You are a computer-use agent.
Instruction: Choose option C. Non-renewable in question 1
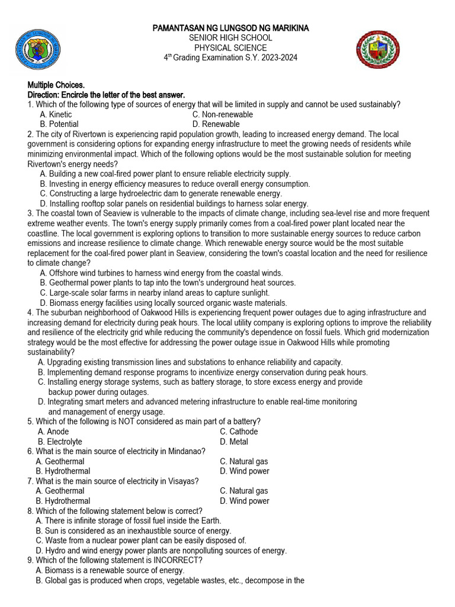point(223,114)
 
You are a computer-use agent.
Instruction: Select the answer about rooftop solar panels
point(174,204)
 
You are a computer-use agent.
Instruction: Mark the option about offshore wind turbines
point(161,273)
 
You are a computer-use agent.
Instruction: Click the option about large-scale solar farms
point(155,293)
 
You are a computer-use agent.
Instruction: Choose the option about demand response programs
point(203,372)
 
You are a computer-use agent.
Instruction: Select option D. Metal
point(234,442)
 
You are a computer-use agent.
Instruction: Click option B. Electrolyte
point(60,442)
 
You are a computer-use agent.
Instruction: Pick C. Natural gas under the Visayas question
point(243,491)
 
